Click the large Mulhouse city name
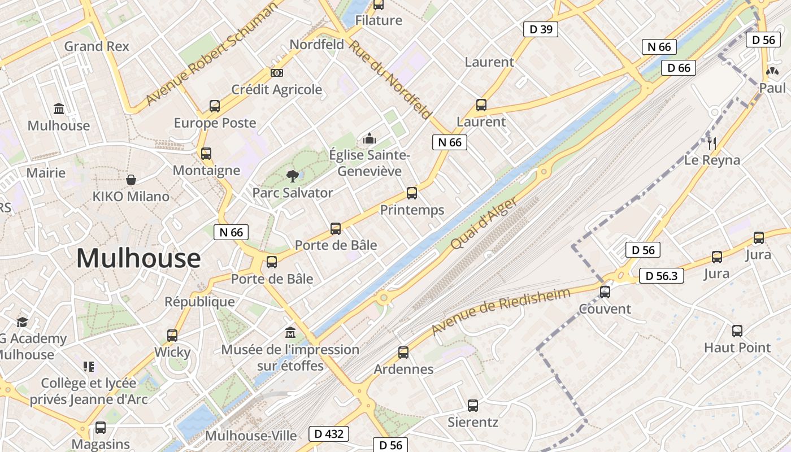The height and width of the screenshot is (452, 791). click(138, 259)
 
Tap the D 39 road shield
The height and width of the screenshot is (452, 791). click(541, 29)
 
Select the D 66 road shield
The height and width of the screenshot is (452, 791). click(679, 68)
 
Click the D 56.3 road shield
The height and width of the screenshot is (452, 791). click(661, 276)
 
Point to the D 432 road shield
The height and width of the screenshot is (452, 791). click(328, 434)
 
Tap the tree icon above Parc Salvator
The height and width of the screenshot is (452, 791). click(292, 176)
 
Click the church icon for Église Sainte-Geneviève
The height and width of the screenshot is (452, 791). click(370, 138)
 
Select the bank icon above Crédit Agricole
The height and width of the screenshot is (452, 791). click(277, 73)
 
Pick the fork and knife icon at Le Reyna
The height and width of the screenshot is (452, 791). click(712, 144)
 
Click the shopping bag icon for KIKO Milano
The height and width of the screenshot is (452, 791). click(131, 180)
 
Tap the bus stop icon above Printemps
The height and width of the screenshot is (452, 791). click(412, 193)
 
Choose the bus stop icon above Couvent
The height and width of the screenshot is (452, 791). click(605, 292)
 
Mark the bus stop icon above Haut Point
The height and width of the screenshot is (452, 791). click(737, 331)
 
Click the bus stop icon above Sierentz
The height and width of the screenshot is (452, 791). click(473, 406)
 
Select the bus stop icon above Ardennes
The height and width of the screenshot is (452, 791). click(403, 353)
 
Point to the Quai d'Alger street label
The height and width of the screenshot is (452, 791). click(484, 224)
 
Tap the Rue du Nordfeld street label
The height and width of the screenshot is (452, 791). click(389, 79)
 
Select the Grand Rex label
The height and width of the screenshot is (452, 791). click(97, 46)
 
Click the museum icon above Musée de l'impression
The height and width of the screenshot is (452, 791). click(290, 332)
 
